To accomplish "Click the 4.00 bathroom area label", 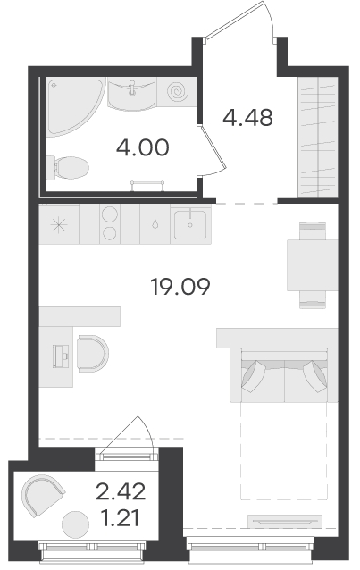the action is (143, 147).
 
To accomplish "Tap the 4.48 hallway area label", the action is (247, 118).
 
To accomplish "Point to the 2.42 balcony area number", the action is (121, 491).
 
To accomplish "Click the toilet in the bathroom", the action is (68, 168).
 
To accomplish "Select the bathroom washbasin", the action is (131, 95).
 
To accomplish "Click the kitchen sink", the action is (190, 224).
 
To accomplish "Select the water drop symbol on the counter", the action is (155, 224).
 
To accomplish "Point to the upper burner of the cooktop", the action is (110, 214).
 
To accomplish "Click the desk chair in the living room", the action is (93, 353).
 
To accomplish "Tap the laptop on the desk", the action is (61, 356).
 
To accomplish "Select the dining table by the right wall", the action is (313, 265).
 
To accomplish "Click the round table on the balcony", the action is (75, 524).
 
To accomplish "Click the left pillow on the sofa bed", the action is (255, 376).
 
